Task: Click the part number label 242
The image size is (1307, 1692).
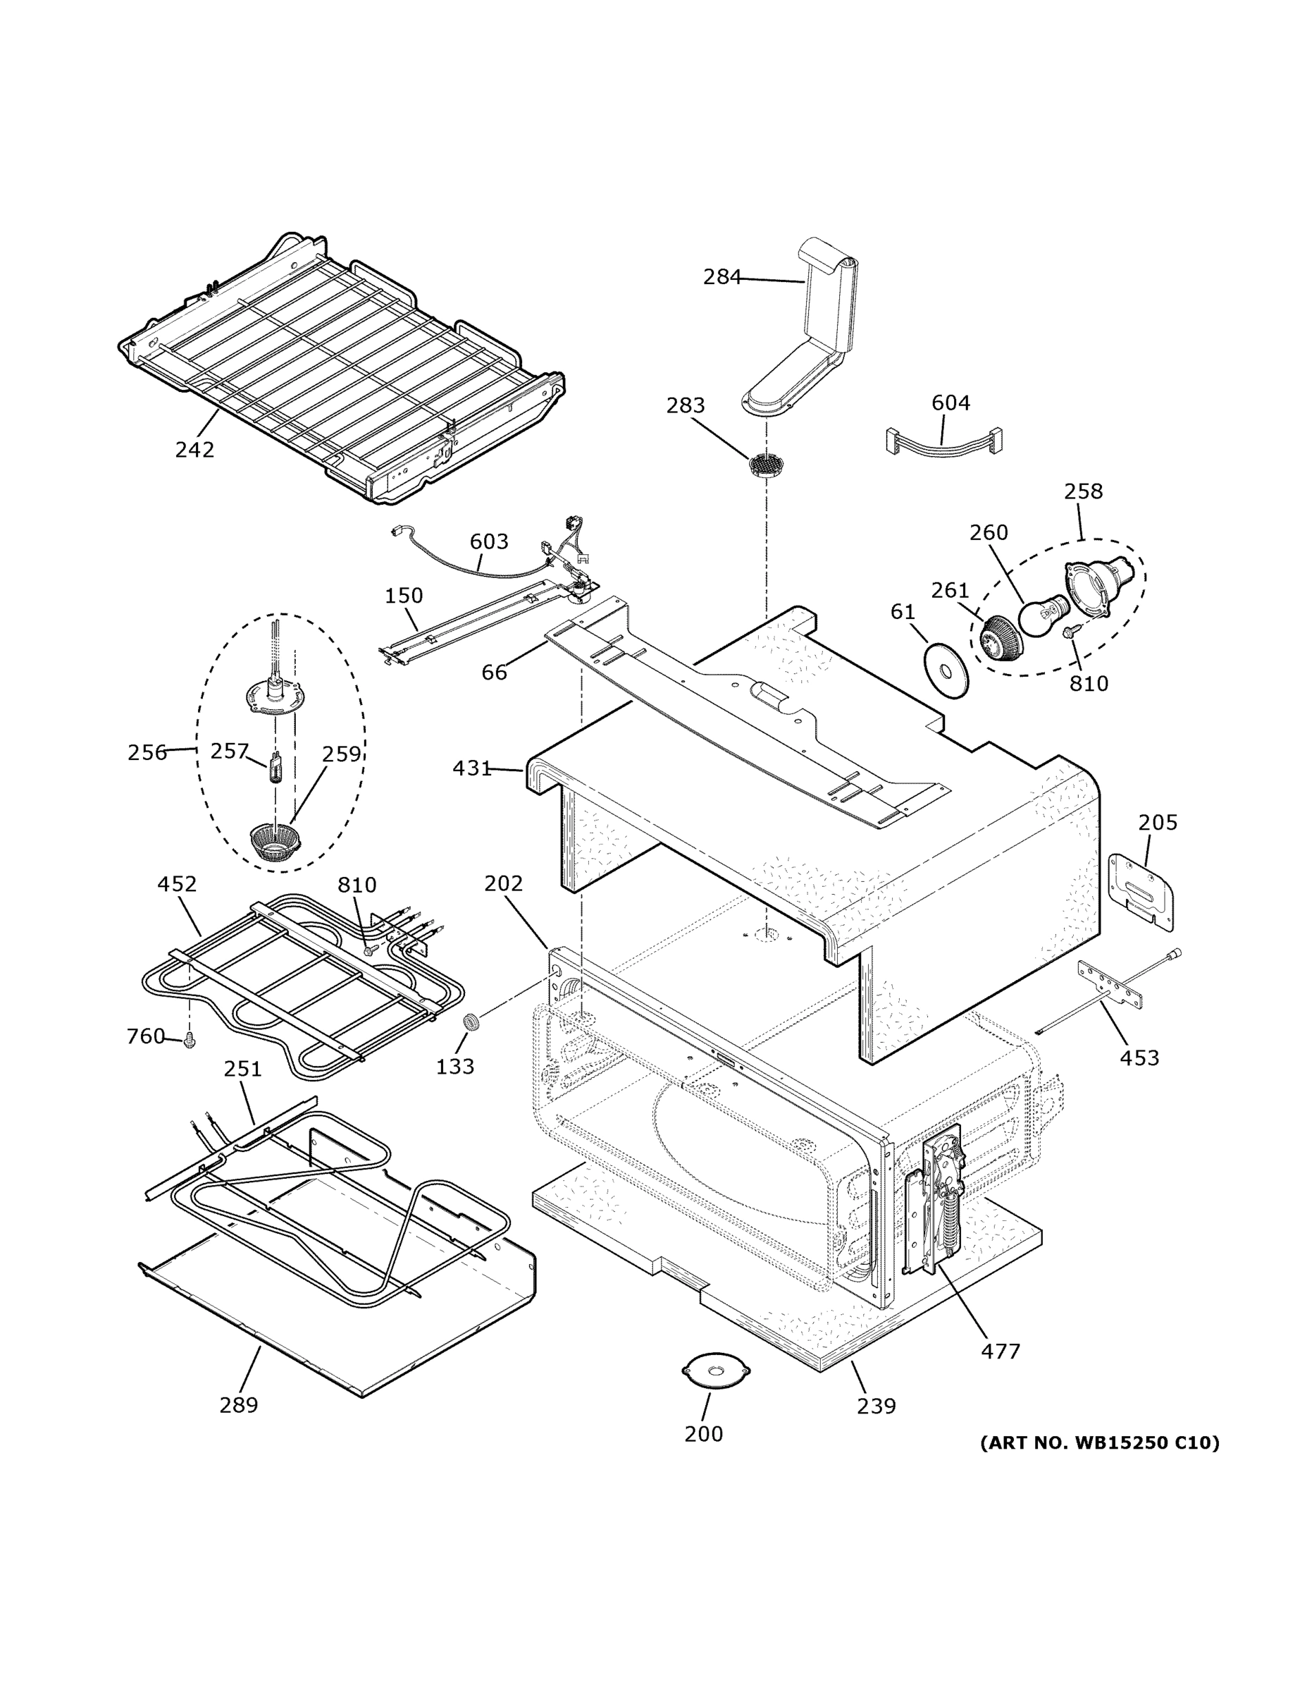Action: point(194,449)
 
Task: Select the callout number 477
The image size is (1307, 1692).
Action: point(1001,1351)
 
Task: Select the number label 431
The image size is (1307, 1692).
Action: point(471,768)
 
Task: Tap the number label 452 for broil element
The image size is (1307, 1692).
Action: point(178,884)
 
